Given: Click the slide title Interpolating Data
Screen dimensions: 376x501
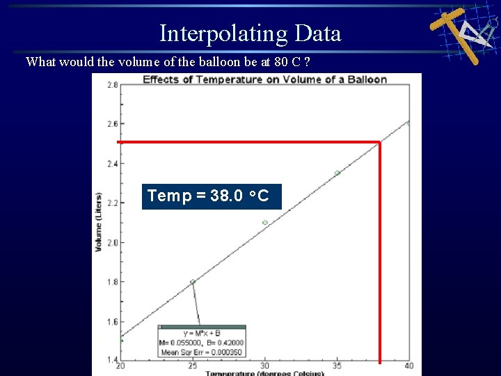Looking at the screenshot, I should [250, 33].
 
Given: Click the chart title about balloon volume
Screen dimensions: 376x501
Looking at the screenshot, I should [264, 79].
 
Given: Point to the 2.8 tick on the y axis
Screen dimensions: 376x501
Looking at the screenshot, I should [112, 85].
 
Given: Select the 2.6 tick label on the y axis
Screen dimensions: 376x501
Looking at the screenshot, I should [112, 124].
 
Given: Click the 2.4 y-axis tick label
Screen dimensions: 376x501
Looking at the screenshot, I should [112, 164].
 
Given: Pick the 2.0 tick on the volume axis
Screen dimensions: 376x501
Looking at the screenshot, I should [112, 242].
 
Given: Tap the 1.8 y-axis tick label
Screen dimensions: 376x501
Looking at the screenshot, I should [112, 282].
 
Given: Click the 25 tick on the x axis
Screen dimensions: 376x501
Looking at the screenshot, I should [193, 366].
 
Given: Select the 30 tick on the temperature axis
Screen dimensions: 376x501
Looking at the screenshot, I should [264, 366].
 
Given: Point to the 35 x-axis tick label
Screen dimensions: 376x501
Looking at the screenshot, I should [337, 366].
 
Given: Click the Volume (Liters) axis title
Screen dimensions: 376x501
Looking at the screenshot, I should [100, 222].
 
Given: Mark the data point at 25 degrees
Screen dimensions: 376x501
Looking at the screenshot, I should [193, 282].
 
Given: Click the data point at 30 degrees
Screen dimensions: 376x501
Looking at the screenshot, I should [265, 223].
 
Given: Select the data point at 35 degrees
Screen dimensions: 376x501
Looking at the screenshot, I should [337, 173].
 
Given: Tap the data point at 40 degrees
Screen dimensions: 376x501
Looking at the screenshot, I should [408, 123].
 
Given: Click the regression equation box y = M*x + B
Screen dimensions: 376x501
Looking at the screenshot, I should [201, 341].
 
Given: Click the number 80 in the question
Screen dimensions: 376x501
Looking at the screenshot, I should [280, 62].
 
